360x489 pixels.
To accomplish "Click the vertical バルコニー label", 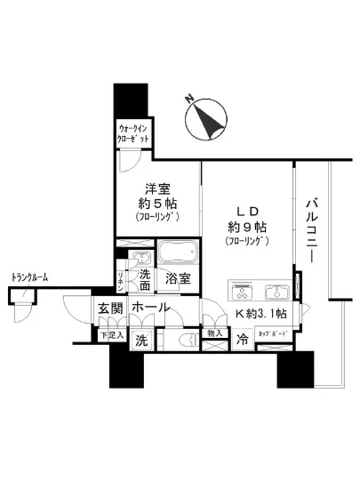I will [x=314, y=228].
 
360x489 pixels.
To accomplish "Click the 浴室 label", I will [x=177, y=278].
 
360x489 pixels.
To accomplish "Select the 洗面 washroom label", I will [x=142, y=279].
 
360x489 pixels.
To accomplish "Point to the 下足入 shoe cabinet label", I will [x=108, y=334].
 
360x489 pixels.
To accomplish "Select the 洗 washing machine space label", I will [x=141, y=339].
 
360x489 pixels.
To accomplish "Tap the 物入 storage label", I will [x=213, y=333].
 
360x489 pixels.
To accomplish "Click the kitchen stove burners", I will [x=243, y=291].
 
